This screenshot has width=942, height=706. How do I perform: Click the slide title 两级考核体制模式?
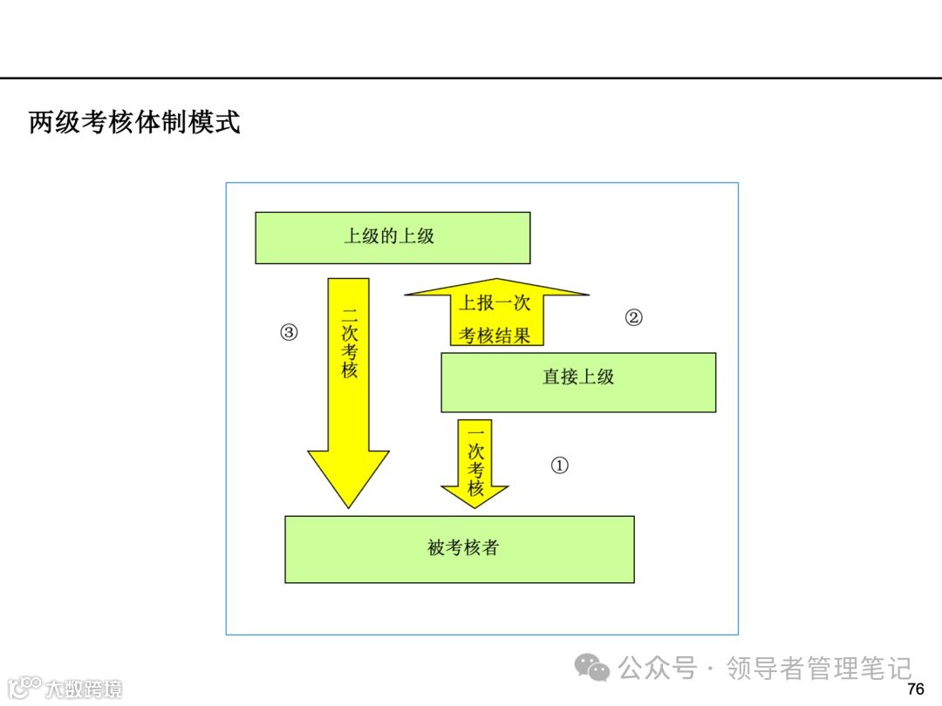pos(134,123)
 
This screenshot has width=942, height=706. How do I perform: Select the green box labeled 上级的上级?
pos(392,237)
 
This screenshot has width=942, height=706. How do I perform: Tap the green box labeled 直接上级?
pos(578,382)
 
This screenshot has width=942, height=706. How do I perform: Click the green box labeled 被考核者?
pos(459,549)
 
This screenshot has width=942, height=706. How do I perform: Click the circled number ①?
pos(559,465)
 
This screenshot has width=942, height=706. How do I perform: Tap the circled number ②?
pos(633,317)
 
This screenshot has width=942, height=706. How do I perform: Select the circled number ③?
pos(289,332)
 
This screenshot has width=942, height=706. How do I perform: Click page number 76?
pos(915,689)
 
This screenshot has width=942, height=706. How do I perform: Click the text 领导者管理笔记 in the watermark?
pos(819,669)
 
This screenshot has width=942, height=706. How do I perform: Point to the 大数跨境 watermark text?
pos(84,689)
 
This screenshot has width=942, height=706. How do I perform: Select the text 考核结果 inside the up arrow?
pos(495,336)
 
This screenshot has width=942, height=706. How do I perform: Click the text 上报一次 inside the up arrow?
pos(495,303)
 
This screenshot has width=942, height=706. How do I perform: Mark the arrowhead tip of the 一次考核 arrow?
pos(474,505)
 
